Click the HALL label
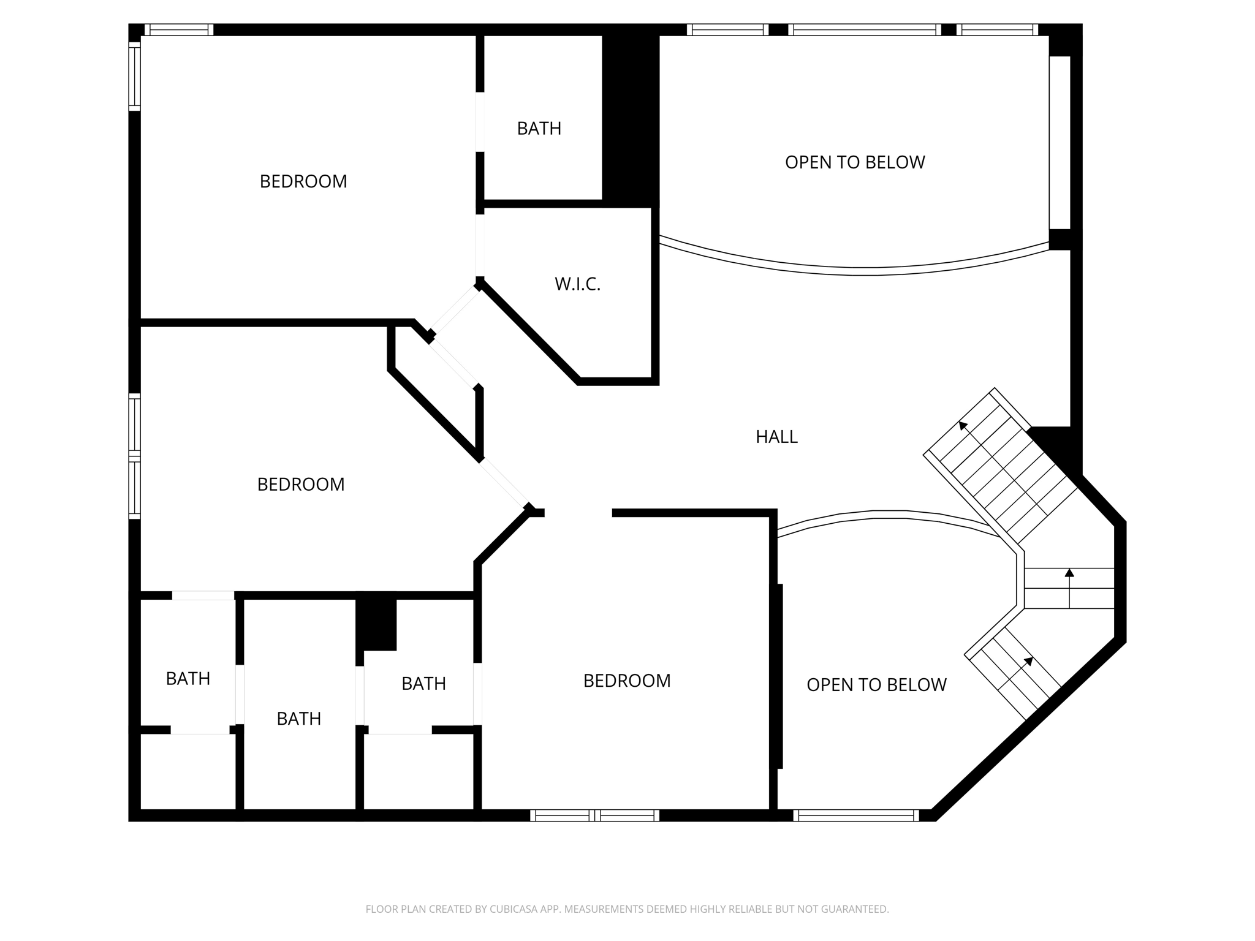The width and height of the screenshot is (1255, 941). [x=776, y=437]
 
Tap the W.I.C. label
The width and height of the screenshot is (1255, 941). [x=577, y=284]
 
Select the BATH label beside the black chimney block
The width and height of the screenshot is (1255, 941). [x=539, y=129]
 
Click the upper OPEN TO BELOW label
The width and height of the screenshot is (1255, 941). [x=855, y=162]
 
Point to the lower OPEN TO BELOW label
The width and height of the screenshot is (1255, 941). [x=876, y=685]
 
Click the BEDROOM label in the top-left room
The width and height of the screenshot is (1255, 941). [x=303, y=181]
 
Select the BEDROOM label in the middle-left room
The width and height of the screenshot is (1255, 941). [x=301, y=485]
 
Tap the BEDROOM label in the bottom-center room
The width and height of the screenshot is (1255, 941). [x=627, y=681]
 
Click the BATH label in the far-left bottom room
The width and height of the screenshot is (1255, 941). [x=188, y=679]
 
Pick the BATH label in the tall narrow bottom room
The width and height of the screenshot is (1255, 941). [x=299, y=719]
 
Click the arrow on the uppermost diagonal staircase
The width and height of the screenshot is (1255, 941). [x=965, y=425]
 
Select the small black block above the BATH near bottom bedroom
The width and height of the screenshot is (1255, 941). [x=376, y=624]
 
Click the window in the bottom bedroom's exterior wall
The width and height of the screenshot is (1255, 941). [x=594, y=815]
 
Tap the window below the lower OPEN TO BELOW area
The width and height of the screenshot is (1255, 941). [x=856, y=815]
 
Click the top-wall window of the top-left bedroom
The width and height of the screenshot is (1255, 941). [x=179, y=29]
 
